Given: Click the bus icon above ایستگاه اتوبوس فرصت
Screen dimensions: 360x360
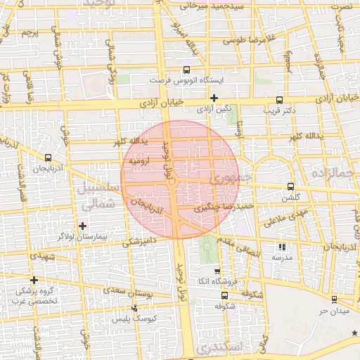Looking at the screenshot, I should click(186, 70).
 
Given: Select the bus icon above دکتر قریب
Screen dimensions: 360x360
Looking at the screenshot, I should click(279, 100).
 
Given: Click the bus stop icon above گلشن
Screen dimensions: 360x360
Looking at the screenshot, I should click(290, 187).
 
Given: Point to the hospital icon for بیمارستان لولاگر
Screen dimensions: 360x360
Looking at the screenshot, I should click(83, 226).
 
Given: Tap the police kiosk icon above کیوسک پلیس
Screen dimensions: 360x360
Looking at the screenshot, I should click(134, 308).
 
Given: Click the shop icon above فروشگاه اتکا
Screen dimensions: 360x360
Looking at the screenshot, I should click(217, 271).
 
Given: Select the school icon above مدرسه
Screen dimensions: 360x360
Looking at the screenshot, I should click(282, 247).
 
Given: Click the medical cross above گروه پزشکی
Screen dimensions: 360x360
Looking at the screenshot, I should click(34, 279).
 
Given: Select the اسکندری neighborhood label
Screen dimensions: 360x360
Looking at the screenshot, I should click(221, 347).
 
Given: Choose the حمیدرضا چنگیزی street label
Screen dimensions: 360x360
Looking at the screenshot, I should click(224, 207).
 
